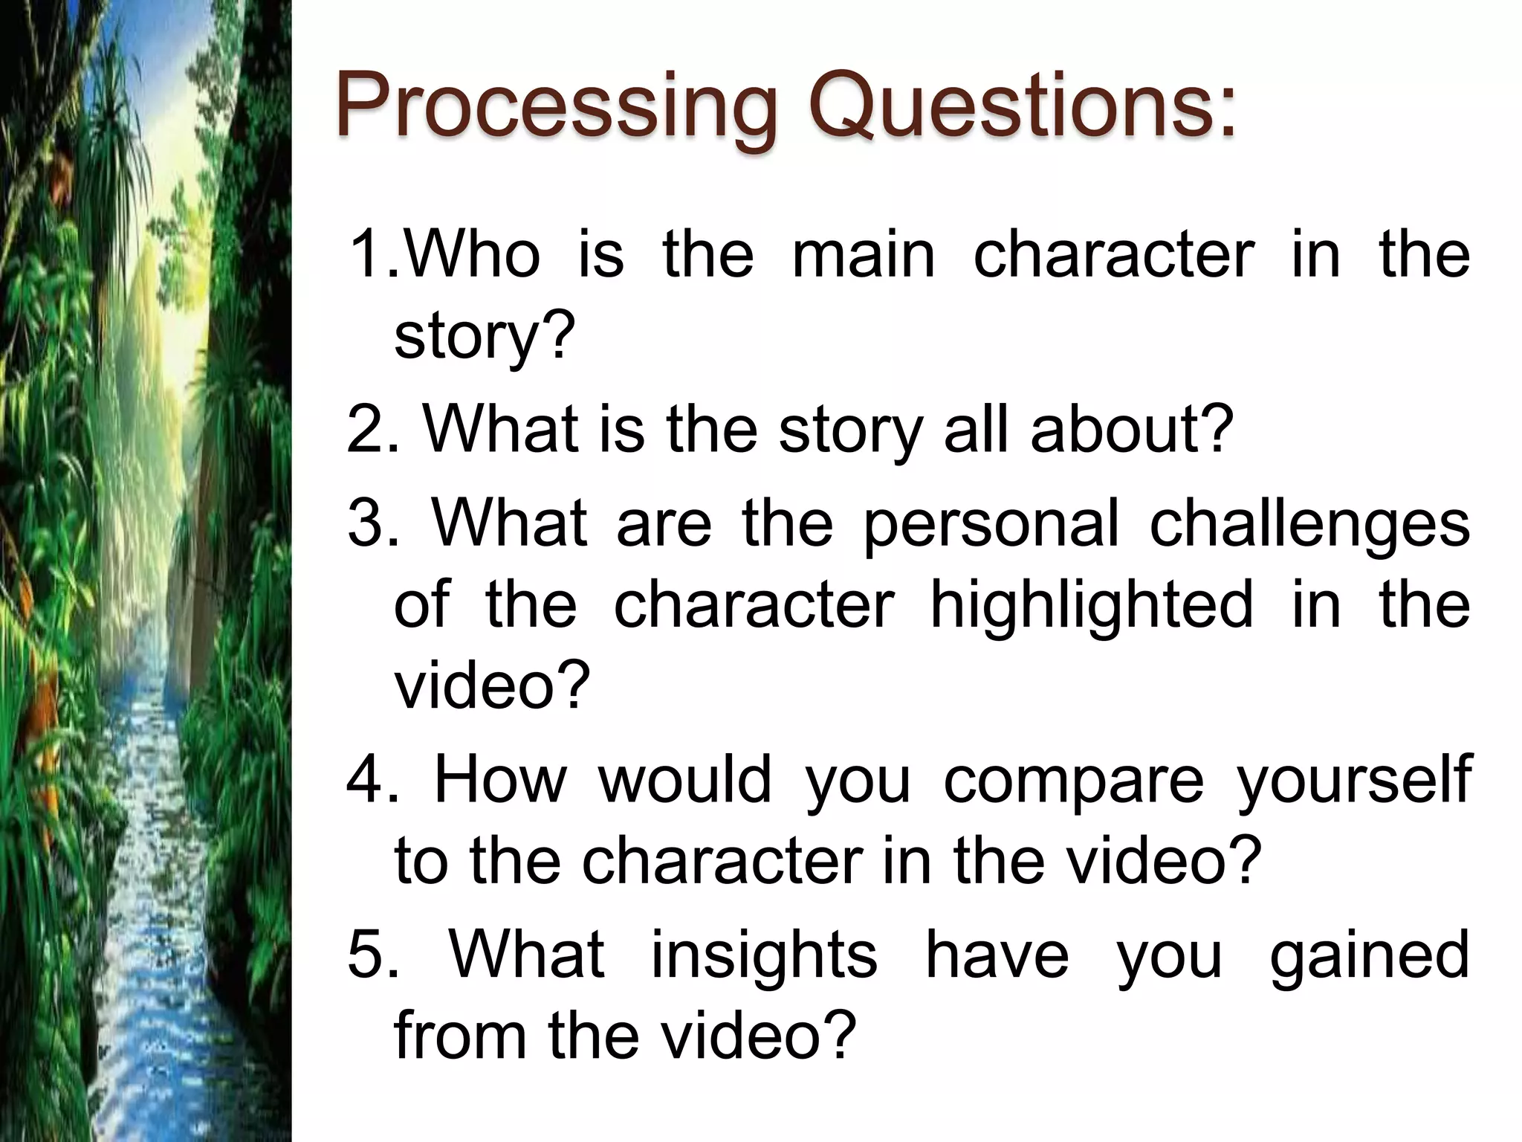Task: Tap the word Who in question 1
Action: (x=473, y=254)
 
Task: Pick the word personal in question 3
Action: (x=991, y=523)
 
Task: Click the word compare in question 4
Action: (x=1073, y=780)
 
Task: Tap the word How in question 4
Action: (x=499, y=780)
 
